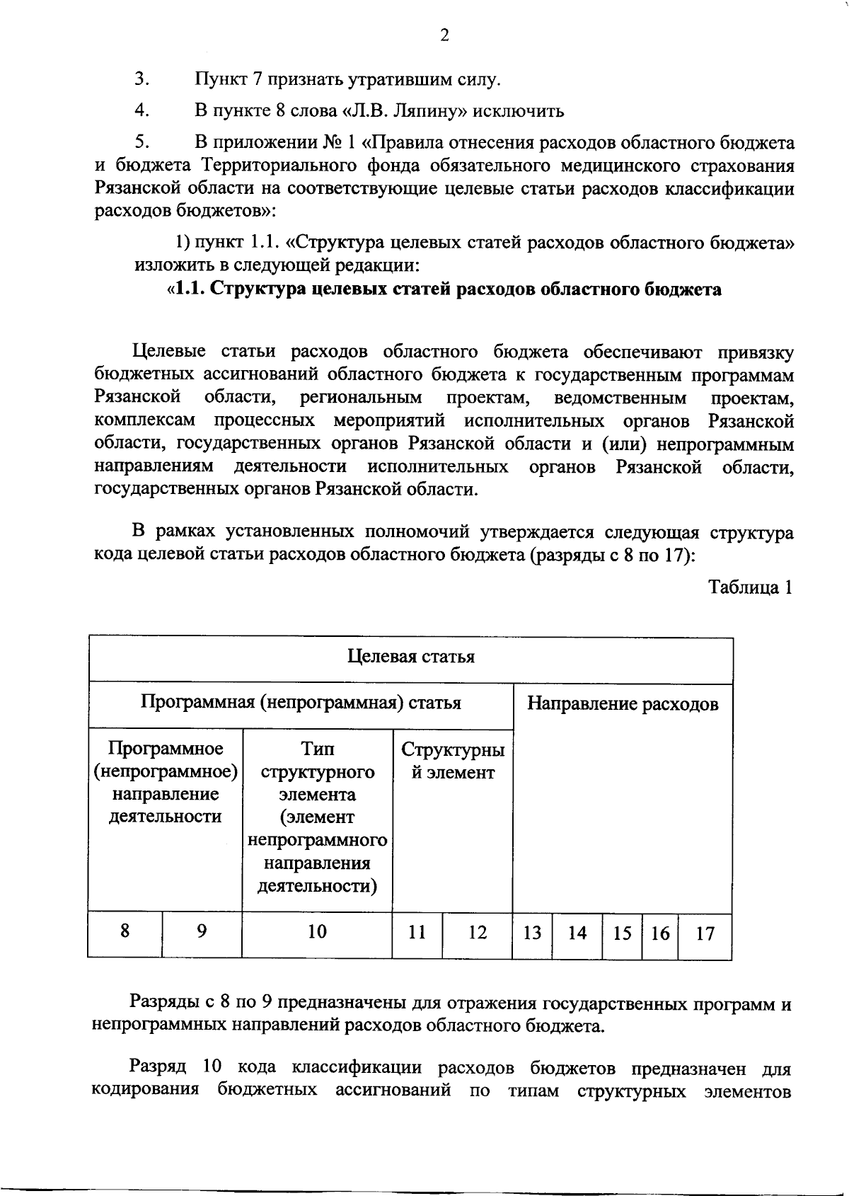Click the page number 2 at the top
click(444, 35)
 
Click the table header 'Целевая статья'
click(410, 657)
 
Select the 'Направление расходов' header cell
click(623, 703)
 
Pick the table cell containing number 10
click(317, 931)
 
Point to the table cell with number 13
click(532, 933)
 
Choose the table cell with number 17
click(705, 933)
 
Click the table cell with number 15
click(622, 933)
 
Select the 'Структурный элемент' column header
click(453, 761)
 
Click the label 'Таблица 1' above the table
click(750, 587)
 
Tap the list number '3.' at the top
click(141, 79)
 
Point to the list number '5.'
click(141, 142)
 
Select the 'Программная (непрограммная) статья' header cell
click(301, 703)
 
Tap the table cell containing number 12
click(478, 933)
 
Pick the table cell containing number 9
click(202, 931)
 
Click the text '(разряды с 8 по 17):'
click(612, 555)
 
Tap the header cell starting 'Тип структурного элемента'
click(318, 817)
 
